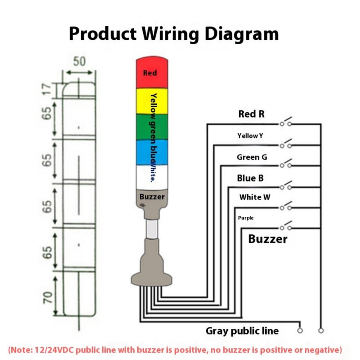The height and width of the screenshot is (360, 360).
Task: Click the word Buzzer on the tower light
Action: pyautogui.click(x=152, y=196)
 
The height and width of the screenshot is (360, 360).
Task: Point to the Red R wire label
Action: pyautogui.click(x=251, y=114)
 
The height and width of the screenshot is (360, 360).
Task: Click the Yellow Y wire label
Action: pyautogui.click(x=250, y=136)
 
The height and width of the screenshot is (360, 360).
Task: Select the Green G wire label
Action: pyautogui.click(x=252, y=157)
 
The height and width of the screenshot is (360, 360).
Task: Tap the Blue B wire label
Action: pyautogui.click(x=250, y=178)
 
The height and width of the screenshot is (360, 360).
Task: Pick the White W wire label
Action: pyautogui.click(x=255, y=197)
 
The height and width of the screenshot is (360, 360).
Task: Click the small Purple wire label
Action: pyautogui.click(x=246, y=218)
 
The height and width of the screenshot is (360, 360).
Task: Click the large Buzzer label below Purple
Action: pyautogui.click(x=268, y=239)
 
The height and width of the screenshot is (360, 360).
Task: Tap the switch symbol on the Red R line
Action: pyautogui.click(x=286, y=123)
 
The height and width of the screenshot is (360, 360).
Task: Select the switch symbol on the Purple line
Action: pyautogui.click(x=286, y=227)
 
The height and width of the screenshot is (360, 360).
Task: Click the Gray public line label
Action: pyautogui.click(x=242, y=331)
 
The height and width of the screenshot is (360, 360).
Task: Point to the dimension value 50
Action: pyautogui.click(x=79, y=61)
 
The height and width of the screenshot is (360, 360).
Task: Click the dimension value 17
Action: pyautogui.click(x=46, y=89)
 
